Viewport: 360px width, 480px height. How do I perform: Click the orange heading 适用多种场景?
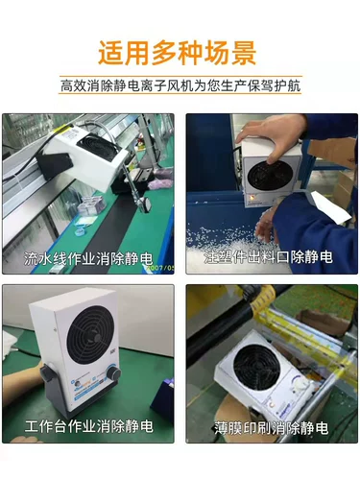[x=177, y=53]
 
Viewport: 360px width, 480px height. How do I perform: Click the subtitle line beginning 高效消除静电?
[x=180, y=85]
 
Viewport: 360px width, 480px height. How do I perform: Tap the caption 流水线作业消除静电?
[x=88, y=258]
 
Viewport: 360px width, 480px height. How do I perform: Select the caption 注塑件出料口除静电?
[x=268, y=257]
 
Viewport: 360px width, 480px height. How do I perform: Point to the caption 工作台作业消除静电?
[x=88, y=426]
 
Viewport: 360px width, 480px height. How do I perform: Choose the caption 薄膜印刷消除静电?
[x=271, y=428]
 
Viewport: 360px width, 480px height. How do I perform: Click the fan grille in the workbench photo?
[x=90, y=333]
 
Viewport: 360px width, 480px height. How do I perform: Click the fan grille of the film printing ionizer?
[x=257, y=367]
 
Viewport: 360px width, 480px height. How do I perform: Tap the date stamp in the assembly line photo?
[x=160, y=268]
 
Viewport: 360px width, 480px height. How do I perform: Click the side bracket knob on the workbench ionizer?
[x=47, y=373]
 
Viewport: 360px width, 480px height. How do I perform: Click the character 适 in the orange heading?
[x=110, y=54]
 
